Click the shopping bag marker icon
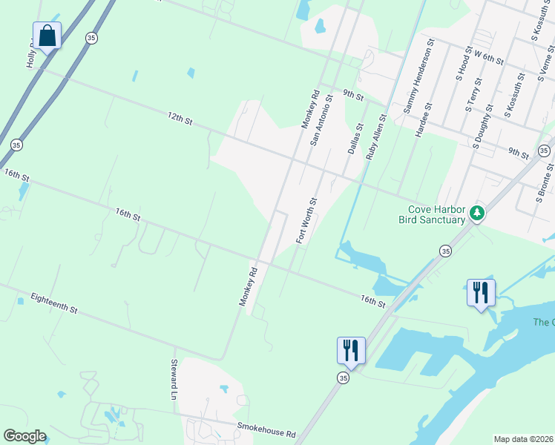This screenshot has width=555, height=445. (47, 36)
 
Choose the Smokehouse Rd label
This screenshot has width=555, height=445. (266, 429)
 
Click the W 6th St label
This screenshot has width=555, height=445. (488, 56)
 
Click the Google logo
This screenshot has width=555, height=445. (24, 436)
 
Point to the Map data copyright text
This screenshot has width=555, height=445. (523, 439)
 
